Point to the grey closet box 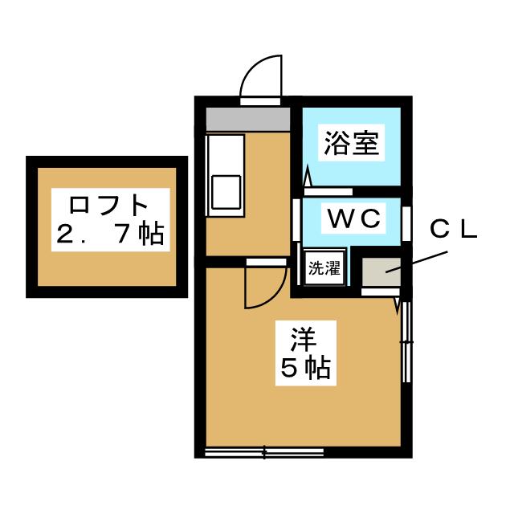point(381,272)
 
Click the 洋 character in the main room point(304,339)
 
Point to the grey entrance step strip point(247,118)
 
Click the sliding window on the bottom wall point(264,452)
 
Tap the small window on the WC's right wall point(406,222)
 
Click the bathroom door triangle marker point(307,177)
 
